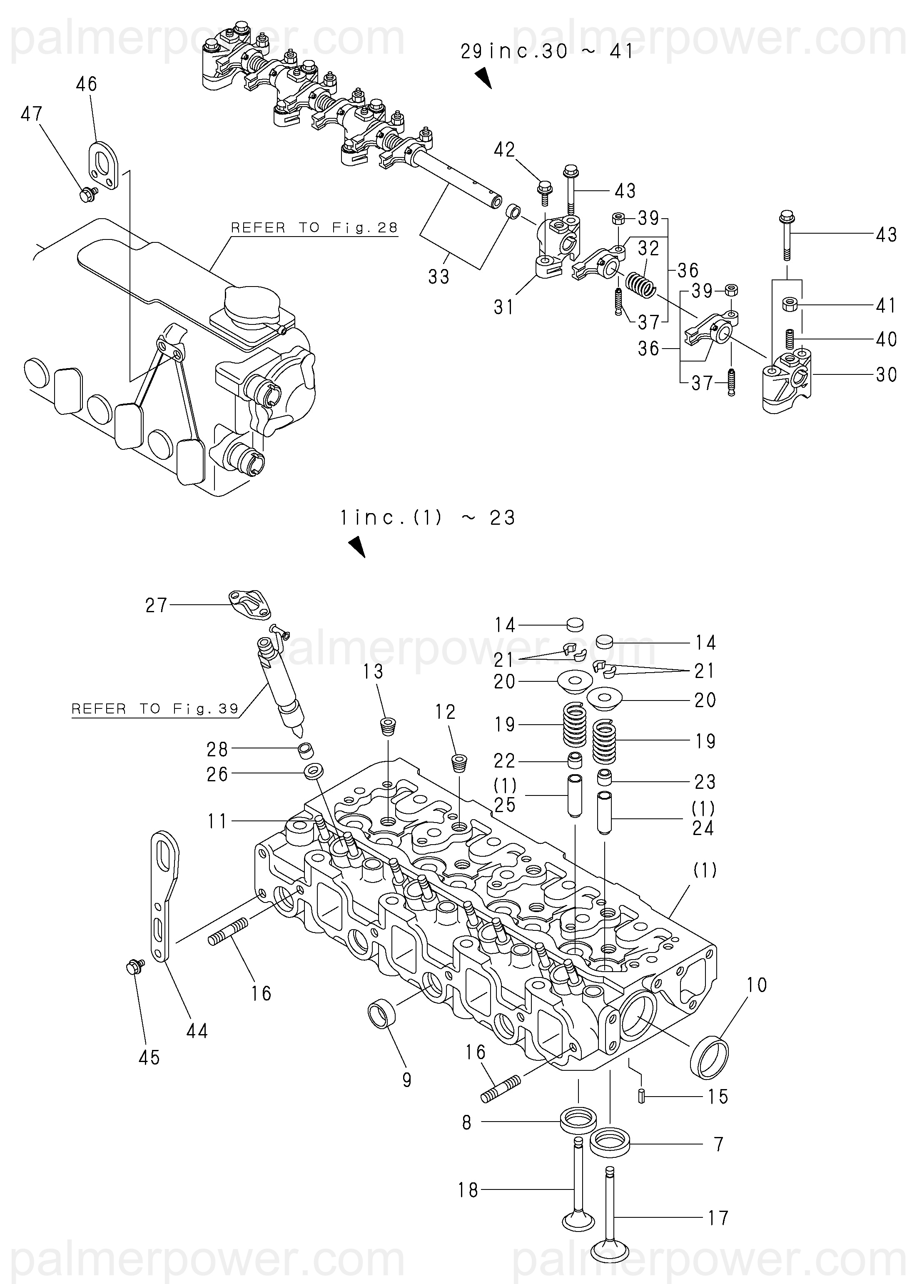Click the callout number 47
tap(32, 114)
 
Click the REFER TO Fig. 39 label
tap(155, 708)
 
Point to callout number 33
tap(439, 277)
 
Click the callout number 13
tap(373, 671)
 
